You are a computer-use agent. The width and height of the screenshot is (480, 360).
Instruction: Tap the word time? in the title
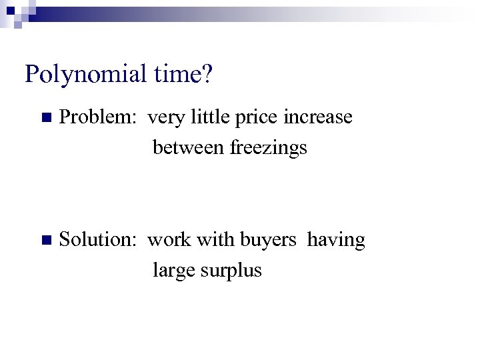point(183,73)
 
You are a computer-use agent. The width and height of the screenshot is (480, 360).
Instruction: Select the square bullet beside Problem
point(45,118)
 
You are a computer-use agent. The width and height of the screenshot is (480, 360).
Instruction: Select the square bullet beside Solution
point(45,241)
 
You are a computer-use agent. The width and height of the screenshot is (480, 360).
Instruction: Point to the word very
point(164,119)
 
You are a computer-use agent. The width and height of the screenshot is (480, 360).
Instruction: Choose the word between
point(189,147)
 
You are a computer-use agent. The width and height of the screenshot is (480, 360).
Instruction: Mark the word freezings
point(269,147)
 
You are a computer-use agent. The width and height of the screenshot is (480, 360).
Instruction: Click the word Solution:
point(99,240)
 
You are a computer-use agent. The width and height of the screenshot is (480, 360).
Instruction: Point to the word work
point(169,240)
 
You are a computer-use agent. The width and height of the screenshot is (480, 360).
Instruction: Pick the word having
point(336,241)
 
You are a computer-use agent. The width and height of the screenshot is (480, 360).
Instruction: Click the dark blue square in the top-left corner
point(10,10)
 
